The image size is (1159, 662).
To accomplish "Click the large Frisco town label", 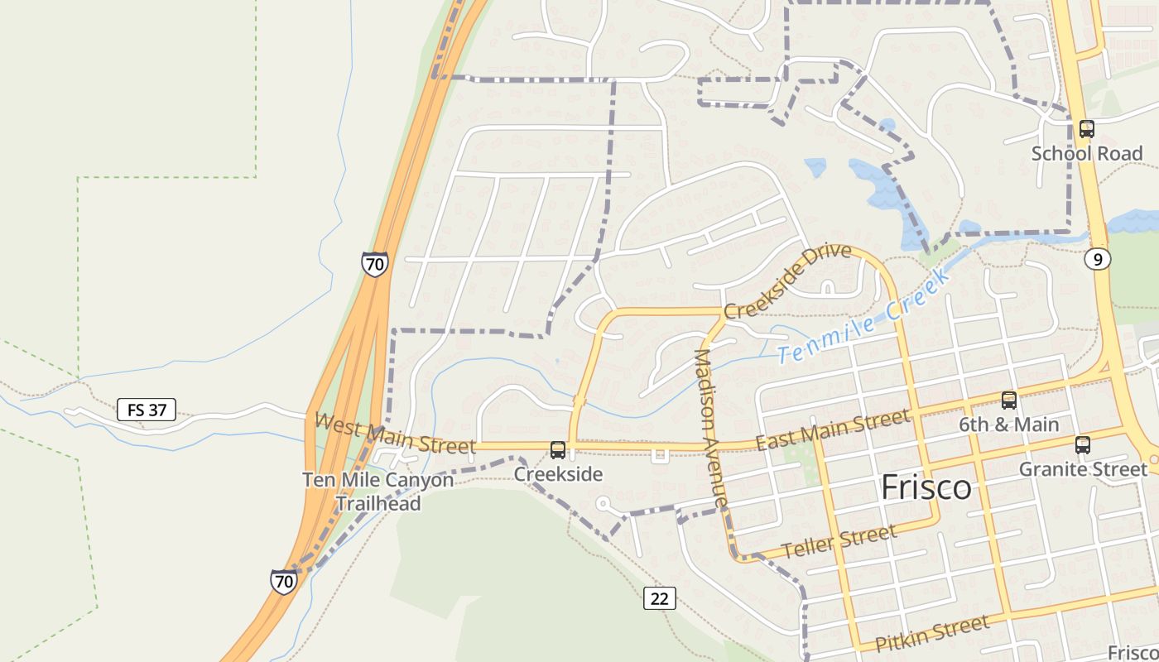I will pyautogui.click(x=926, y=487).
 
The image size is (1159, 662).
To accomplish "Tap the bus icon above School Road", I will pyautogui.click(x=1087, y=129).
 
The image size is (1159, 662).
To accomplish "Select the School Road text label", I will pyautogui.click(x=1086, y=153).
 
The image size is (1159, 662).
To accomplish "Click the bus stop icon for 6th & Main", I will pyautogui.click(x=1009, y=401).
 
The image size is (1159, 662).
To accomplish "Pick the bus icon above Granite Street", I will pyautogui.click(x=1082, y=445).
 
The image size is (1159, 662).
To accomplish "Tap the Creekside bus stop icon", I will pyautogui.click(x=558, y=450).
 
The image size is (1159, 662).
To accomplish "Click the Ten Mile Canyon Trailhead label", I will pyautogui.click(x=378, y=492).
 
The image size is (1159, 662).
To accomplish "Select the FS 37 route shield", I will pyautogui.click(x=147, y=410).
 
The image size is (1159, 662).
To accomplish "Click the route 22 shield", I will pyautogui.click(x=660, y=597).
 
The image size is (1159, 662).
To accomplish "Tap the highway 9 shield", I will pyautogui.click(x=1098, y=260).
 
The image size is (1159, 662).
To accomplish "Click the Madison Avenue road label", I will pyautogui.click(x=710, y=429).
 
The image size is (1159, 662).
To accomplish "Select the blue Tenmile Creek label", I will pyautogui.click(x=863, y=319).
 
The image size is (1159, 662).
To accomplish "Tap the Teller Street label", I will pyautogui.click(x=839, y=542).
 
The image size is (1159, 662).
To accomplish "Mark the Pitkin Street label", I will pyautogui.click(x=932, y=634).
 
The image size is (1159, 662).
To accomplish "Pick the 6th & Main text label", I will pyautogui.click(x=1009, y=425).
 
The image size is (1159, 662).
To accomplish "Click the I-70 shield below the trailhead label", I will pyautogui.click(x=284, y=581).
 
